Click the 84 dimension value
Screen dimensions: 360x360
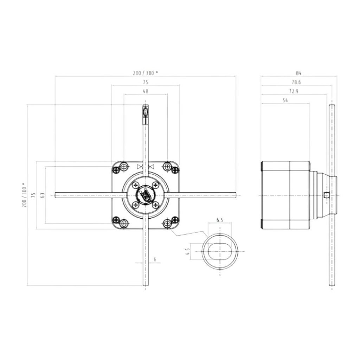[x=298, y=73]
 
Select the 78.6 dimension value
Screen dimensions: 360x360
[x=296, y=82]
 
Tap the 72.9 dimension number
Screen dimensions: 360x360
[x=294, y=91]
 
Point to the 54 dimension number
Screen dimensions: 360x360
[x=285, y=100]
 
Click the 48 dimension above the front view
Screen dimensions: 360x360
[x=146, y=91]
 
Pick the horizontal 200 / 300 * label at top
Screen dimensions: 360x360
[x=145, y=73]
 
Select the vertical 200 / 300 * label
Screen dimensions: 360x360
[x=24, y=195]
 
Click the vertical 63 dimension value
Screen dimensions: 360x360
[x=43, y=195]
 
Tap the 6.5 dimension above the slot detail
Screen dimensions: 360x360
[x=220, y=220]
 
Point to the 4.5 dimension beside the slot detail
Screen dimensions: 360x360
[x=188, y=251]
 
